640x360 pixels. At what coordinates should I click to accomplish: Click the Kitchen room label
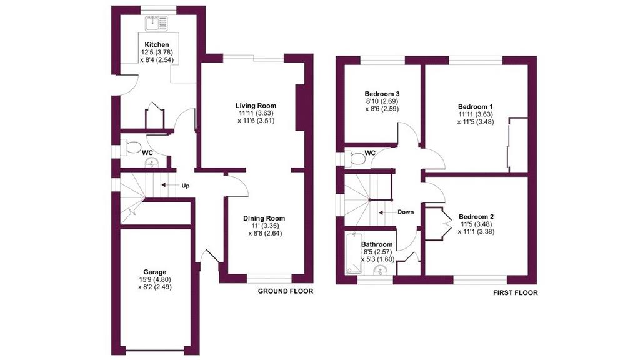(157, 44)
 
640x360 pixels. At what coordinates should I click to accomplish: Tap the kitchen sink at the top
(157, 23)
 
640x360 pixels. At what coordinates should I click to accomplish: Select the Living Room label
(256, 106)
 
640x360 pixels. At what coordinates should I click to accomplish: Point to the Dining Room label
(264, 218)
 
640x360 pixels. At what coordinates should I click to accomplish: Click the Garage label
(155, 272)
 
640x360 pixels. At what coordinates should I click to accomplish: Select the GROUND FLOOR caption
(286, 291)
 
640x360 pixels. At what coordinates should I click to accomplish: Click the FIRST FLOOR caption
(516, 292)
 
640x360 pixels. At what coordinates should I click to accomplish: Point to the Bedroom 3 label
(382, 94)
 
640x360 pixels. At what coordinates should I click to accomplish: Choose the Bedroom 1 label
(476, 107)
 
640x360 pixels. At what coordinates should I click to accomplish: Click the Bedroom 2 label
(476, 217)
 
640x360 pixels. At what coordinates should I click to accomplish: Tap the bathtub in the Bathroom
(354, 253)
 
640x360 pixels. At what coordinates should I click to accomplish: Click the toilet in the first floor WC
(355, 158)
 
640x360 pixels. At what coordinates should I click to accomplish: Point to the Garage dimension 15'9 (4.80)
(155, 279)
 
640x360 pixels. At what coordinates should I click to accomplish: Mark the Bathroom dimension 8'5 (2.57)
(377, 252)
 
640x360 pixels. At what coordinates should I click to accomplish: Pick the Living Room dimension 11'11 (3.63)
(256, 113)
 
